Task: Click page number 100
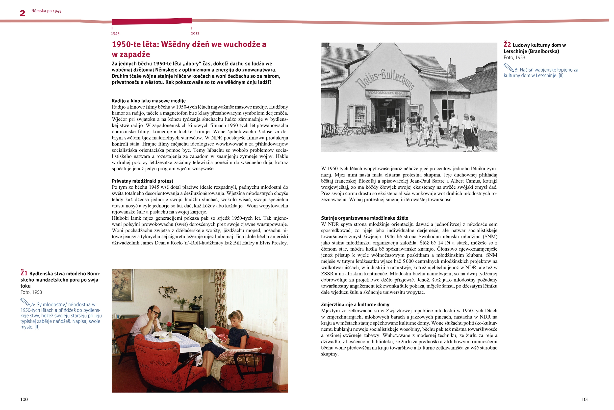[x=24, y=399]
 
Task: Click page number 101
[x=585, y=399]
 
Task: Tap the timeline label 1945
[x=115, y=33]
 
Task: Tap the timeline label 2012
[x=195, y=33]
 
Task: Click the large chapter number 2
[x=23, y=13]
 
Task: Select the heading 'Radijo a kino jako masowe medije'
[x=149, y=101]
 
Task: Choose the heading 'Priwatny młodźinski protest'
[x=142, y=181]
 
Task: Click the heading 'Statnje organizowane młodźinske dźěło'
[x=365, y=218]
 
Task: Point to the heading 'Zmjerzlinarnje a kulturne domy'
[x=355, y=304]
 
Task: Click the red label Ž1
[x=24, y=273]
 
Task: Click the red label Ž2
[x=507, y=44]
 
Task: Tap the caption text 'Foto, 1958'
[x=31, y=292]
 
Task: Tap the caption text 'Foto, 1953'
[x=514, y=58]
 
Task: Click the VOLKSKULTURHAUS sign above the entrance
[x=387, y=93]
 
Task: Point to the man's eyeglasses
[x=156, y=314]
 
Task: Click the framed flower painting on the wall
[x=122, y=284]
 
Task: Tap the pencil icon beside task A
[x=25, y=302]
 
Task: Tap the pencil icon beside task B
[x=509, y=68]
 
